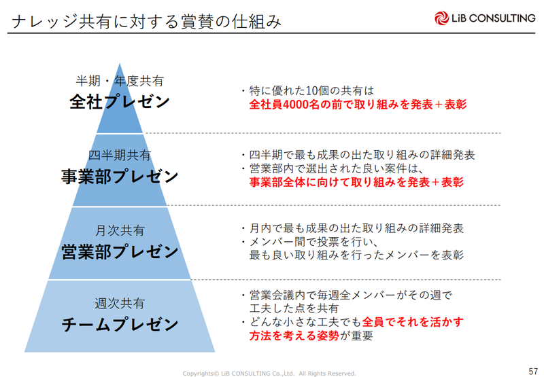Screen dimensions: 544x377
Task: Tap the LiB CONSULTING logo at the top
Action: tap(483, 18)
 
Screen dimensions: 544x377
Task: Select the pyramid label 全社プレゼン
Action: tap(120, 103)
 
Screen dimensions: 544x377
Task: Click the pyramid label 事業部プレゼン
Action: tap(120, 177)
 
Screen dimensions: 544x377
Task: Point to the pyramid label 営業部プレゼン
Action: tap(120, 251)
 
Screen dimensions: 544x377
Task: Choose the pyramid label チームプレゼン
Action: tap(120, 324)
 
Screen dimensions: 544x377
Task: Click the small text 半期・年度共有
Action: tap(120, 81)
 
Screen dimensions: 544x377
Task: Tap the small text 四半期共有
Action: tap(120, 155)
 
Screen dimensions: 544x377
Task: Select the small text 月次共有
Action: tap(120, 230)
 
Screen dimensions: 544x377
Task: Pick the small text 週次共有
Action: tap(120, 303)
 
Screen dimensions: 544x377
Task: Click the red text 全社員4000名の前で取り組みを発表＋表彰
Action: tap(358, 105)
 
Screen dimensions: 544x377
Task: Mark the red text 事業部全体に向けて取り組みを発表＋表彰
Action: tap(356, 182)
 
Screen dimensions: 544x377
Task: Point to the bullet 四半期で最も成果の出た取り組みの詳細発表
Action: tap(358, 154)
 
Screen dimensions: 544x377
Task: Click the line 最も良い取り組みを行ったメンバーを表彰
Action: tap(356, 255)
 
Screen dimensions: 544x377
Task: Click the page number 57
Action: tap(532, 370)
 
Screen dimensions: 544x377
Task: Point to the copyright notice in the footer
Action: tap(270, 373)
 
